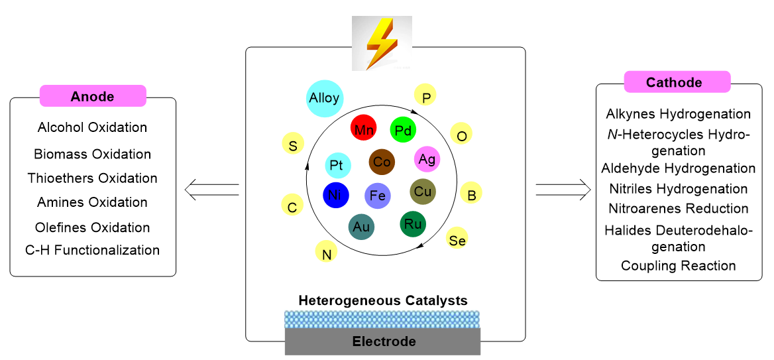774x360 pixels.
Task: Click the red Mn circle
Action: click(x=363, y=129)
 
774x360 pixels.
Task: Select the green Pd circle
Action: click(x=403, y=130)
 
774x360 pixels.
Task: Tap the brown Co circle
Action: click(x=382, y=161)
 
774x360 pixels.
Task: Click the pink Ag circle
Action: click(x=427, y=158)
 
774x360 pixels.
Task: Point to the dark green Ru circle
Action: click(x=413, y=223)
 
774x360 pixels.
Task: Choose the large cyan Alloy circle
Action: click(x=325, y=98)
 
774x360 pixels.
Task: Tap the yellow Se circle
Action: click(x=457, y=240)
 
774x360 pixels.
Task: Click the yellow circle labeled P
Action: click(x=426, y=97)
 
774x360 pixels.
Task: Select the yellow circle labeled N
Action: click(x=327, y=253)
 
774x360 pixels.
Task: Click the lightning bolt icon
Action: click(x=381, y=43)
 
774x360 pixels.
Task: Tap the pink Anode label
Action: click(x=93, y=96)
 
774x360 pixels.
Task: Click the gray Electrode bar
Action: click(x=383, y=342)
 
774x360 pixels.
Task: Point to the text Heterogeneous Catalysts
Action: click(x=383, y=300)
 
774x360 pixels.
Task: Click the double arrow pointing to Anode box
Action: click(x=211, y=190)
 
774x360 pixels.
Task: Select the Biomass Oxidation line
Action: click(x=93, y=154)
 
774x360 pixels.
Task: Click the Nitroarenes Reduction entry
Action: click(x=679, y=208)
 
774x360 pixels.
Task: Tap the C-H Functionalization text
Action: click(x=93, y=251)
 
